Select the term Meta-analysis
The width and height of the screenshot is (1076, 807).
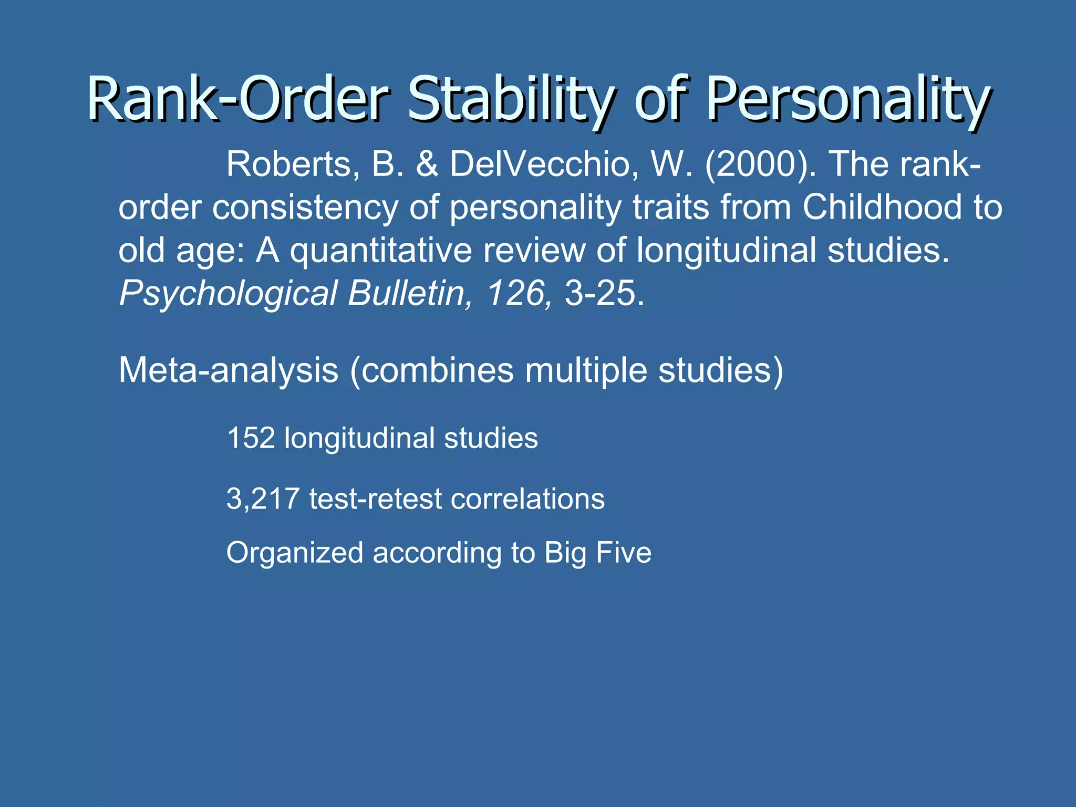229,371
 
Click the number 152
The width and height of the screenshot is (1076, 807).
251,438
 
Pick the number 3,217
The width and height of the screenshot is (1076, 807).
263,499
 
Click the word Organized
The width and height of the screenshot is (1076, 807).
295,553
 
